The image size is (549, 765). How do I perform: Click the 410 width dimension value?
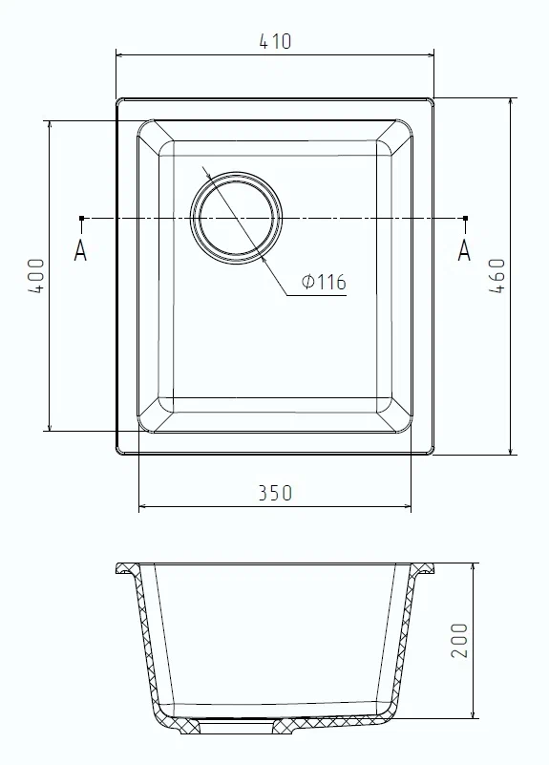click(x=275, y=41)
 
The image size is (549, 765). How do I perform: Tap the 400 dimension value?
click(x=35, y=276)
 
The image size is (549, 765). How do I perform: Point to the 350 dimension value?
click(x=275, y=493)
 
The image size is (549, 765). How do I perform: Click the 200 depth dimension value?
click(x=459, y=641)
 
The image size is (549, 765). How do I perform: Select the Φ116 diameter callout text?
click(x=323, y=282)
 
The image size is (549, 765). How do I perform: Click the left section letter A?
click(x=81, y=250)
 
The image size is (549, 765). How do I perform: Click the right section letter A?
click(x=465, y=250)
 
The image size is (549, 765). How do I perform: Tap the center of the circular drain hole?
click(x=238, y=217)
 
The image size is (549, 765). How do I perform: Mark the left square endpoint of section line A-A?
click(x=82, y=219)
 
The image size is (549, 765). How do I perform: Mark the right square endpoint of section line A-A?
click(x=465, y=219)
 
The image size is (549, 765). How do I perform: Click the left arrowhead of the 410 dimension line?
click(x=120, y=55)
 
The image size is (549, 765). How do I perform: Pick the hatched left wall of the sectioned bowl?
click(x=149, y=649)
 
